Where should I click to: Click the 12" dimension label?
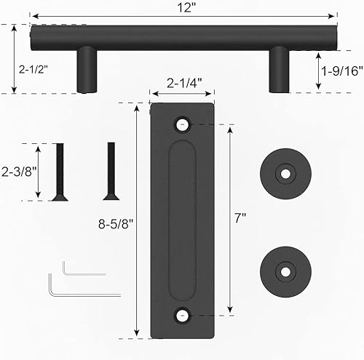pos(185,7)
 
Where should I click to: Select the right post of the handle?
pos(281,70)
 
